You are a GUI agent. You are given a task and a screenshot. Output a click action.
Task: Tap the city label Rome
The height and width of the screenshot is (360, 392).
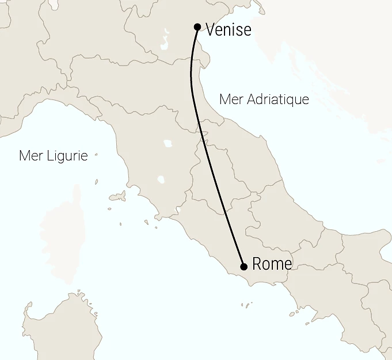coord(272,264)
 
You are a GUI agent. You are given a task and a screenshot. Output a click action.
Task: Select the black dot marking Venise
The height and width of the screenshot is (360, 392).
coord(197,26)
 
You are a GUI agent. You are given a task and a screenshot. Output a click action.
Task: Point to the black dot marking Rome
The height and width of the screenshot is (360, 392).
coord(243,266)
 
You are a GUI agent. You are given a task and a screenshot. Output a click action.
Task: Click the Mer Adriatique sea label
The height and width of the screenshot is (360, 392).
coord(264,99)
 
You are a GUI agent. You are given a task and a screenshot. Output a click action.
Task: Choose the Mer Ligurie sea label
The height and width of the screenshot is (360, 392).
coord(53,156)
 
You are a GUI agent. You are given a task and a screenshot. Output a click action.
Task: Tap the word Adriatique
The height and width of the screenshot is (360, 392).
coord(277,99)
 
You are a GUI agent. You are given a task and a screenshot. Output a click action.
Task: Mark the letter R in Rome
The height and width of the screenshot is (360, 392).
coord(257,265)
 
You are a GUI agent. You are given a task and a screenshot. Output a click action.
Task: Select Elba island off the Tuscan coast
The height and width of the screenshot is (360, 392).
coord(117,197)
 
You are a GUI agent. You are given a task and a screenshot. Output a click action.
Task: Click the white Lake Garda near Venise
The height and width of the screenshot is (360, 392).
coord(166,42)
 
